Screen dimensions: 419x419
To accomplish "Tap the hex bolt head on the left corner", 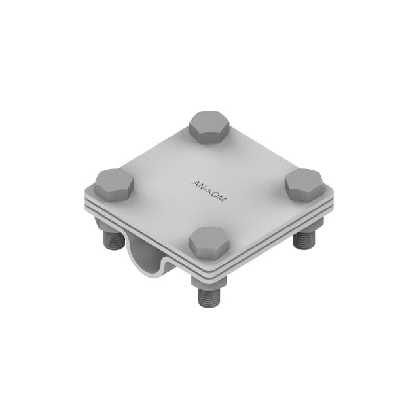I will coord(115,183).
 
